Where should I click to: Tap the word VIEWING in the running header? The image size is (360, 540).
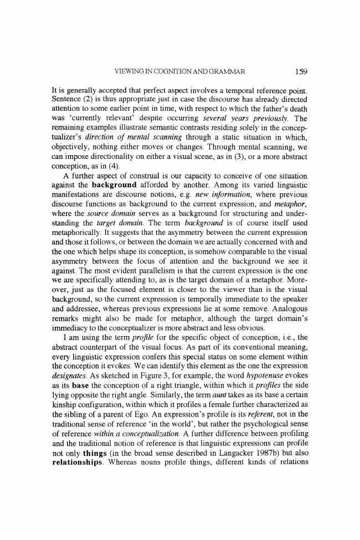tap(128, 71)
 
